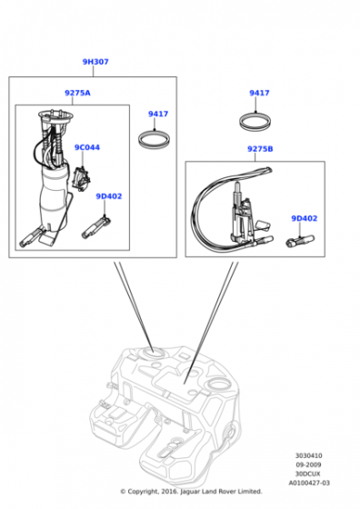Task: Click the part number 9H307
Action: [95, 62]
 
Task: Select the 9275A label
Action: [77, 93]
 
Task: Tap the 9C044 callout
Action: [87, 147]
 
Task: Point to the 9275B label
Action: [260, 149]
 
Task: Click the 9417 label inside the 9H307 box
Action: [158, 114]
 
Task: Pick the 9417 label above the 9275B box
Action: [259, 93]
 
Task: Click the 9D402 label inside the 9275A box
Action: [109, 196]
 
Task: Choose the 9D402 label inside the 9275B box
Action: [305, 218]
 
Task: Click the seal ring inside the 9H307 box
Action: [155, 139]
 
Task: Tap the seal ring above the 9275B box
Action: [255, 121]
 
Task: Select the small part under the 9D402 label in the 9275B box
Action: [300, 241]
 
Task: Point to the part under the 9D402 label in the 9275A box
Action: [96, 228]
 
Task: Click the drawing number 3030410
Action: [309, 455]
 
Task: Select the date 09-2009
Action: [308, 464]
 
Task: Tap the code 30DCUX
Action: [308, 474]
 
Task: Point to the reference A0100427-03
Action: [309, 483]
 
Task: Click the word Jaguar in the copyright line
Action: [191, 492]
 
